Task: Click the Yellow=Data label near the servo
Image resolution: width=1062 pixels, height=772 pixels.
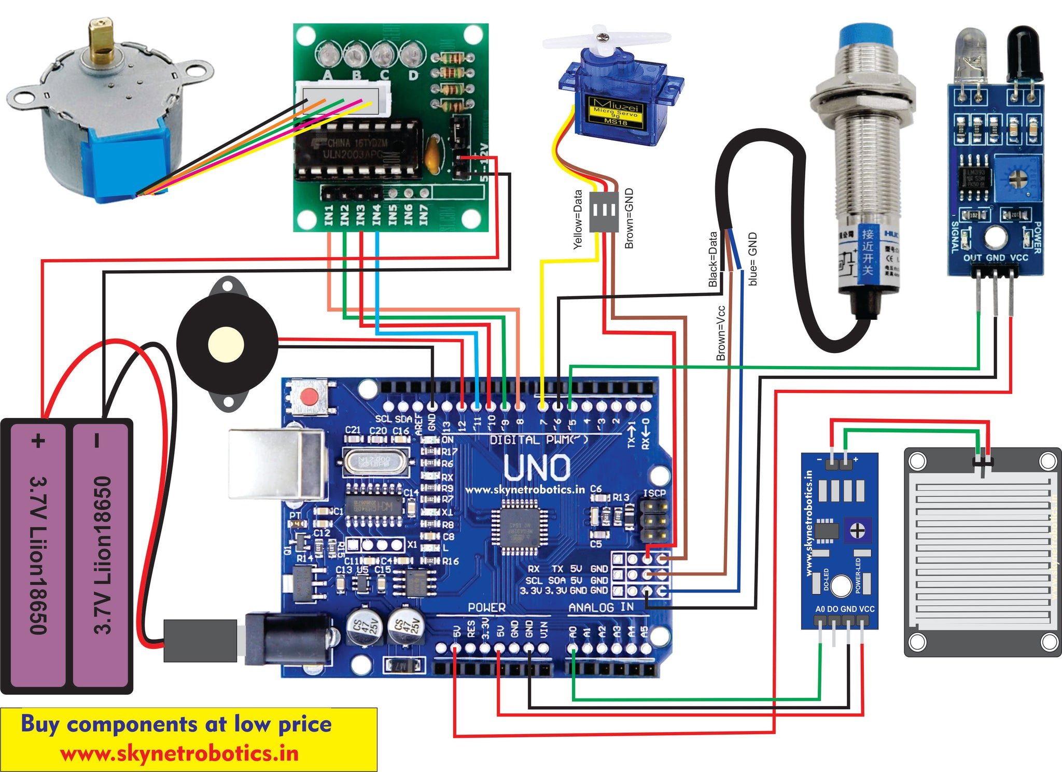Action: [578, 219]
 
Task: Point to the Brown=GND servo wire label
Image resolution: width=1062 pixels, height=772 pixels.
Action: [629, 218]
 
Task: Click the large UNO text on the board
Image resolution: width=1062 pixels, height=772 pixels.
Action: [537, 468]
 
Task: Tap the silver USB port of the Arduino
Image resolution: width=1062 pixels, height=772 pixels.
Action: [277, 464]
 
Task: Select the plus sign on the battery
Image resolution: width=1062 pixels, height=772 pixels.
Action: [38, 441]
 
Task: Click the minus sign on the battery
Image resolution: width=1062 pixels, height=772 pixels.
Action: [97, 441]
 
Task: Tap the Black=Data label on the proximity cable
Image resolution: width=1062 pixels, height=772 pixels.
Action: [713, 259]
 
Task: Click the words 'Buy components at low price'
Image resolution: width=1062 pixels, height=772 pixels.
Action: [176, 724]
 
